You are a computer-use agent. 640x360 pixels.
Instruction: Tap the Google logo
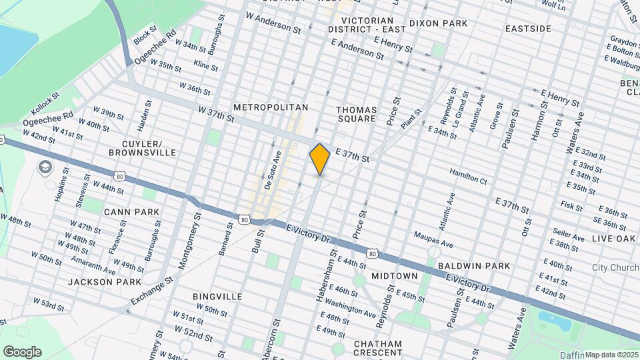click(22, 352)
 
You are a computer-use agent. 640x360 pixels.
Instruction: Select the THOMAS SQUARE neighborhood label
click(356, 114)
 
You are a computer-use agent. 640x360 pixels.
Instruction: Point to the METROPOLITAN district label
click(271, 107)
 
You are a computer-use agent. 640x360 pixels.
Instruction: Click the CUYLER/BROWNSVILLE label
click(140, 148)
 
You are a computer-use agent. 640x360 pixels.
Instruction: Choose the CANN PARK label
click(131, 212)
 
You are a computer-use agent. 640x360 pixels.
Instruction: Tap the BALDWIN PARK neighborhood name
click(474, 266)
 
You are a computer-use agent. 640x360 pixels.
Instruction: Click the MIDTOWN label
click(394, 276)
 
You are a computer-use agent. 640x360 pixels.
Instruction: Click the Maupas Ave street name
click(433, 235)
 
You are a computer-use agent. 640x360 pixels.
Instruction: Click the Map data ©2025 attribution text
click(612, 355)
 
